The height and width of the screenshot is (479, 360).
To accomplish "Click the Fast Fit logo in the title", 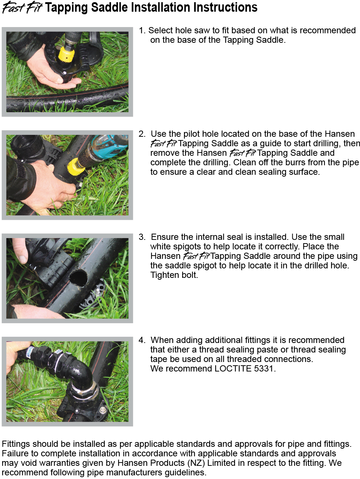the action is click(x=22, y=8).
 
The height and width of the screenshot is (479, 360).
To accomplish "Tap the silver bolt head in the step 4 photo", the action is click(x=102, y=410).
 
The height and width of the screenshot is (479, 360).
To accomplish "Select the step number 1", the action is click(x=142, y=31).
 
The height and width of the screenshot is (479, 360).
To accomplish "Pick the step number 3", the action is click(x=142, y=237).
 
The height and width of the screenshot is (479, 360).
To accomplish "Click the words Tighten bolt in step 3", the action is click(x=174, y=275).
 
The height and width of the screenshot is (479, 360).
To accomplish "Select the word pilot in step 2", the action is click(x=190, y=134).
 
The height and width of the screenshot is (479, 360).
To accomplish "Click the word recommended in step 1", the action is click(x=328, y=31).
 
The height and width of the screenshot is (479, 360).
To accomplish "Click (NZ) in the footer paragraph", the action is click(x=196, y=463).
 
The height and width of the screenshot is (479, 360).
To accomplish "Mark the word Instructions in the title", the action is click(x=225, y=7).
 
